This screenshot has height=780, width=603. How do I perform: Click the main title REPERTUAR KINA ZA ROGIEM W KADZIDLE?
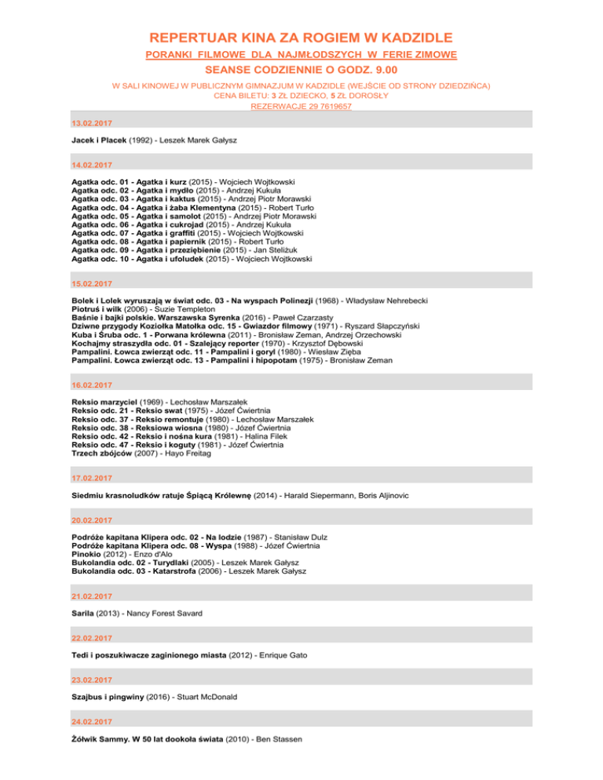tap(301, 37)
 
